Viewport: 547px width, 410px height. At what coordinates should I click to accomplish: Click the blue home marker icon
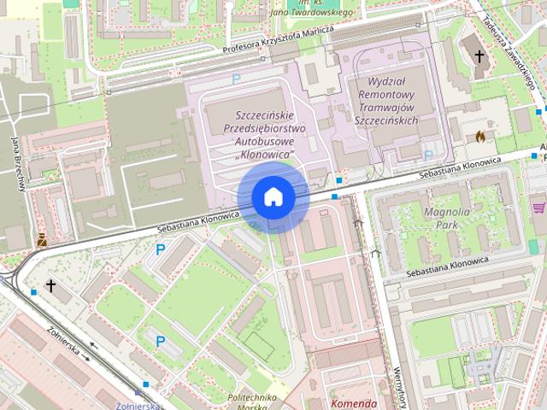[x=273, y=197]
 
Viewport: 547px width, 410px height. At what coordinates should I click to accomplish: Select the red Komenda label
[x=352, y=403]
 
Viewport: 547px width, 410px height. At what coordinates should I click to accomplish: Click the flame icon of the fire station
[x=479, y=135]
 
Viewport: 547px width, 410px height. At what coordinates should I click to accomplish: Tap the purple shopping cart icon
[x=538, y=206]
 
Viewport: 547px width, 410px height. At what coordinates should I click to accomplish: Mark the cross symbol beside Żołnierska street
[x=51, y=285]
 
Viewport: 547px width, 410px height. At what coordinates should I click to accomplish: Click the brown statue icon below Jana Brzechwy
[x=41, y=240]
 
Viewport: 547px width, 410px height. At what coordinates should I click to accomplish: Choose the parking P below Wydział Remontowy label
[x=428, y=155]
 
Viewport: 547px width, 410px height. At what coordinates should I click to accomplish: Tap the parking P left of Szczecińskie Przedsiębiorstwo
[x=236, y=79]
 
